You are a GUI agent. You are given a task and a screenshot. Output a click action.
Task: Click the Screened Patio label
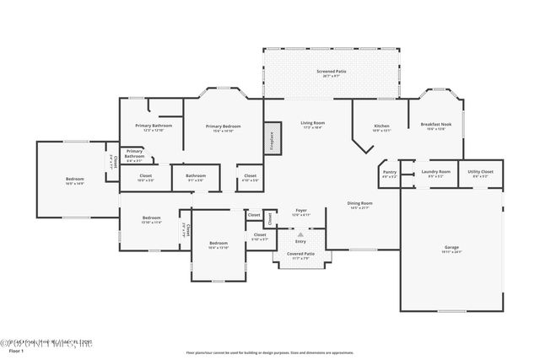coord(331,73)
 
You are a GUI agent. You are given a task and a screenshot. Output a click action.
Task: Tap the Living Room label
coord(313,125)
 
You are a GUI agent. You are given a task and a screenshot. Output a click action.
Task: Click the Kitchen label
coord(381,128)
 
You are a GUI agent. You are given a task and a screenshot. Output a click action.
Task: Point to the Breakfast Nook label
coord(436,126)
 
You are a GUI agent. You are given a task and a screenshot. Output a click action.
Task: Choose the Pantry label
coord(389,175)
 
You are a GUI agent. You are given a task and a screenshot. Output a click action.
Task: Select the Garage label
coord(452,250)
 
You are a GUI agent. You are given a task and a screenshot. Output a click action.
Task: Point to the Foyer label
coord(300,212)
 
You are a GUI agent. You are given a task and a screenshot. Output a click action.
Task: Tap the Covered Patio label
coord(300,255)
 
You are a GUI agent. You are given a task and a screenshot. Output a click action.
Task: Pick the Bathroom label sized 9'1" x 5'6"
coord(196,178)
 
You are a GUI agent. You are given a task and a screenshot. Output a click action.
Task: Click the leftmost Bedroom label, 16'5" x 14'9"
coord(75,180)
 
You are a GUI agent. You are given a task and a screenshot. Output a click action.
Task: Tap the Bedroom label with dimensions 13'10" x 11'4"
coord(151,220)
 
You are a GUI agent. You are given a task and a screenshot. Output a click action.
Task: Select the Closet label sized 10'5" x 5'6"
coord(146,178)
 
